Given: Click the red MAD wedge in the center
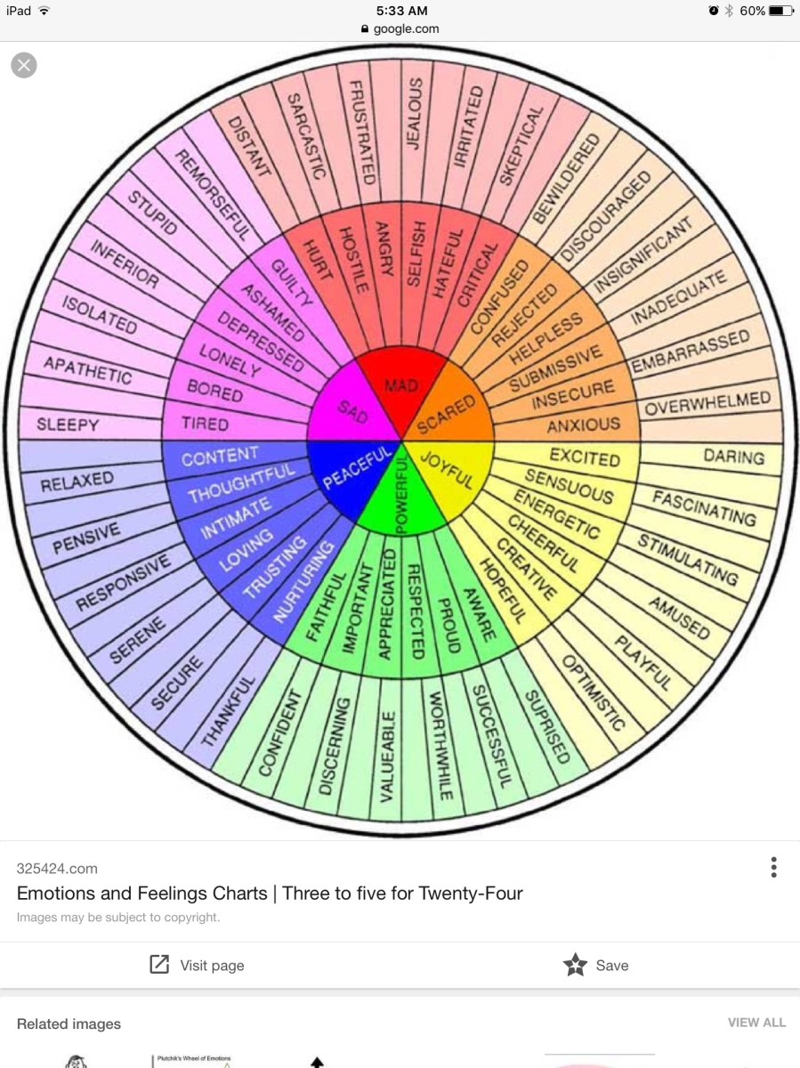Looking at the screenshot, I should pyautogui.click(x=400, y=383).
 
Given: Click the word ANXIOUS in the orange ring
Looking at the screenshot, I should pyautogui.click(x=583, y=425).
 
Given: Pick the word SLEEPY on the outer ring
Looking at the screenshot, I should pyautogui.click(x=68, y=425).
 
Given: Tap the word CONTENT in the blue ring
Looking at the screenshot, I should pyautogui.click(x=220, y=457).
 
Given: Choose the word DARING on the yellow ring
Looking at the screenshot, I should pyautogui.click(x=733, y=457).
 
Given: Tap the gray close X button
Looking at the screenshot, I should pyautogui.click(x=24, y=65).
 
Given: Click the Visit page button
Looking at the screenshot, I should pyautogui.click(x=198, y=965).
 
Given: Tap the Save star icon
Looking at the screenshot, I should pyautogui.click(x=576, y=965).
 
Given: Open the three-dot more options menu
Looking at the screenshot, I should pyautogui.click(x=773, y=867).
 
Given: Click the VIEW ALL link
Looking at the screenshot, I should pyautogui.click(x=756, y=1023).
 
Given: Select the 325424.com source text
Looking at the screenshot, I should pyautogui.click(x=57, y=868).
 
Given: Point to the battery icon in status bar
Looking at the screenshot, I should pyautogui.click(x=780, y=11).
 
